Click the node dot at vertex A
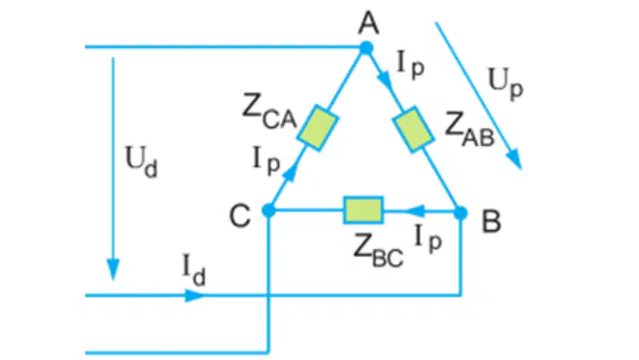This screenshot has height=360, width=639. coord(367,48)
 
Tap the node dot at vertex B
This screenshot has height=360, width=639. coord(461,212)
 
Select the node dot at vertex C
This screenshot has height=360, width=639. coord(269,210)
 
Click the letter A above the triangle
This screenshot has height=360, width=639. coord(369,23)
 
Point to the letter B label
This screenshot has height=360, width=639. coord(491,221)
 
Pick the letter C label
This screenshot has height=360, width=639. coord(240,216)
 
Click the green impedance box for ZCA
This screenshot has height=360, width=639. coord(317,128)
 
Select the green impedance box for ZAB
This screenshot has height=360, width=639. coord(413,129)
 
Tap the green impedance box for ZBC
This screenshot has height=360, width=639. coord(363,210)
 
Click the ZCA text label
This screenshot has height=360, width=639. coord(269,111)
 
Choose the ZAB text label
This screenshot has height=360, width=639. coord(470,129)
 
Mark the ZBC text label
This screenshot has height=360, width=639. coord(378,252)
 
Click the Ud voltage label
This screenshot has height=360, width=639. coord(141,162)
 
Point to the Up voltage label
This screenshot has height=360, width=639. coord(505,84)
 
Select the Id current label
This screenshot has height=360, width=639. coord(194,270)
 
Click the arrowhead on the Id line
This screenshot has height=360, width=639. coord(194,296)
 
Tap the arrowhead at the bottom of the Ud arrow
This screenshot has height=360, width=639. coord(113,270)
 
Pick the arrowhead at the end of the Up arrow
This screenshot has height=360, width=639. coord(514,159)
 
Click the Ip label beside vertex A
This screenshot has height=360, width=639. coord(410,66)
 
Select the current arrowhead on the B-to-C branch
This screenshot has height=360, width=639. coord(416,211)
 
